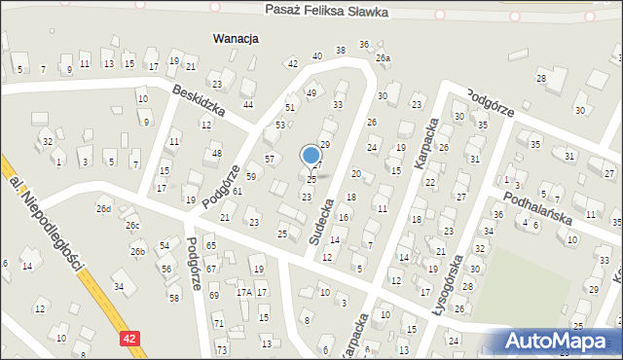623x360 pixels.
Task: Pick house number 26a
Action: click(x=384, y=58)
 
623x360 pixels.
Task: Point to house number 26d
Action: click(x=103, y=209)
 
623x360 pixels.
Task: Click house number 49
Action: click(x=311, y=93)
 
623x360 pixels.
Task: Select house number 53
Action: click(x=280, y=126)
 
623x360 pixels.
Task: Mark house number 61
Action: click(x=237, y=192)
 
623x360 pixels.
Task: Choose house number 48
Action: click(x=217, y=154)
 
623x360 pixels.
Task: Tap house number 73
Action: click(x=222, y=349)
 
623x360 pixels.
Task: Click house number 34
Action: click(x=118, y=287)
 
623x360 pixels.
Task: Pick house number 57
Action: click(x=271, y=159)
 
